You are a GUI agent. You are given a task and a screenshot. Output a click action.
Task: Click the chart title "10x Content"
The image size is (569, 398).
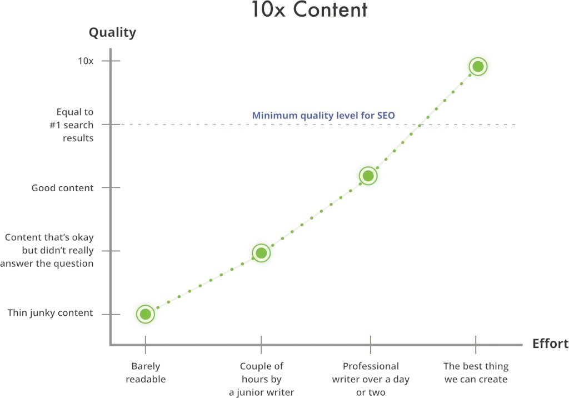[309, 10]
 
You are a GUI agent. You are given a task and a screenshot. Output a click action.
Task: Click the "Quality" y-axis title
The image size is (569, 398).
[112, 33]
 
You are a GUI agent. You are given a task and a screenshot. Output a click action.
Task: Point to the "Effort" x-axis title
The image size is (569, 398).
[550, 344]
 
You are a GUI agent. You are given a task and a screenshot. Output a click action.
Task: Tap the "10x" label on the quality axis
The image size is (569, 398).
[85, 61]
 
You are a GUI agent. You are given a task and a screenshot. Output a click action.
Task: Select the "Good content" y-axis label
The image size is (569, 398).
[63, 188]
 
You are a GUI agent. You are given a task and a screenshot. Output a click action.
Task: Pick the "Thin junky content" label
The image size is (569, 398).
[50, 313]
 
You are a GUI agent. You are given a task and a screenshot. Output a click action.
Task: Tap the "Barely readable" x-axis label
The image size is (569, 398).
[146, 372]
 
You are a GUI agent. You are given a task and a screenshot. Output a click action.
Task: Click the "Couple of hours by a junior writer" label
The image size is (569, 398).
[261, 379]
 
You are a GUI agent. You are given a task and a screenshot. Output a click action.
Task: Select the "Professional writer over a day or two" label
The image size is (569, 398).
[370, 379]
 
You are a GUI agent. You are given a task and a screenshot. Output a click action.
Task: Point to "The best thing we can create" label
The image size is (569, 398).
[476, 372]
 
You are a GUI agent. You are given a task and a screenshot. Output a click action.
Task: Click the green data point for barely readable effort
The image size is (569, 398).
[145, 314]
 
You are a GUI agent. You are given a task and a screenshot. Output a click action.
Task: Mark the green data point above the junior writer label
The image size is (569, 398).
[261, 253]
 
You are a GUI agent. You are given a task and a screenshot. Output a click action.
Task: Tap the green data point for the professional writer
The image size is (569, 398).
[367, 176]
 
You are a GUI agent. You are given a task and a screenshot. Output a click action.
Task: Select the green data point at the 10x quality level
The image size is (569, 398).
[478, 67]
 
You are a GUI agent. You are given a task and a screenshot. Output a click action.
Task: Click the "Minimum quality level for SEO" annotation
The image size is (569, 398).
[323, 116]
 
